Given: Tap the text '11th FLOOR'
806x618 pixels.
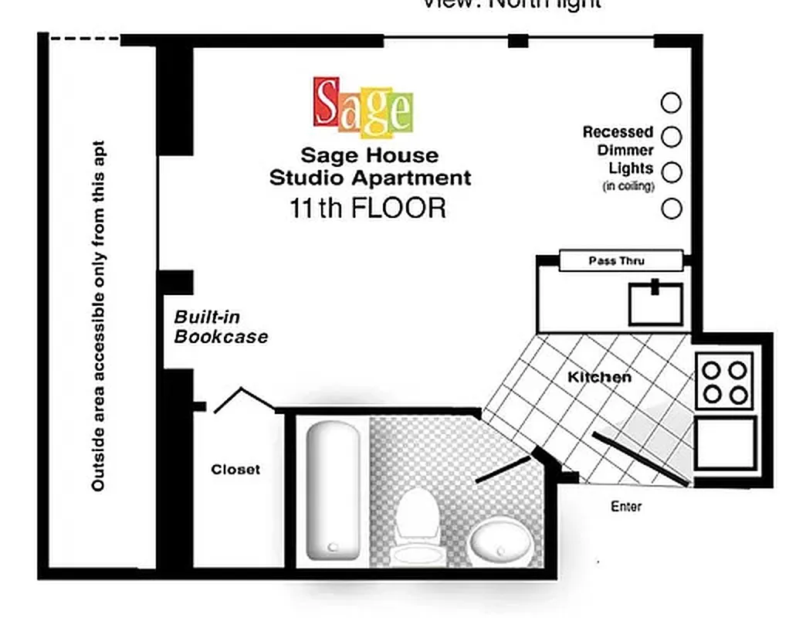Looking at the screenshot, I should click(x=367, y=209).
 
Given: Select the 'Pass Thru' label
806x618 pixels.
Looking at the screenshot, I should click(x=616, y=261).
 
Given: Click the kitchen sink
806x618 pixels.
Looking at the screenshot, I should click(x=655, y=304).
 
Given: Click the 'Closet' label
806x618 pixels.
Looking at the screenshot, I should click(x=235, y=469).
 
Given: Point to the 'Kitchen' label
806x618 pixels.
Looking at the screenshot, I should click(x=599, y=377).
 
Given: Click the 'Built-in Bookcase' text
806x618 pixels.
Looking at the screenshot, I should click(x=221, y=327).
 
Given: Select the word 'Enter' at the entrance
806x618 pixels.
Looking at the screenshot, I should click(x=626, y=507).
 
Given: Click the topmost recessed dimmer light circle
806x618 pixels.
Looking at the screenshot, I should click(x=672, y=103).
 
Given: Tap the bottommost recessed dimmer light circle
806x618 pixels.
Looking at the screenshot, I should click(x=672, y=209).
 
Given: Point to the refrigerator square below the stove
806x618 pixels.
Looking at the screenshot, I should click(x=725, y=443).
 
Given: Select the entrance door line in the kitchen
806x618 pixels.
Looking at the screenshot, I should click(x=640, y=460).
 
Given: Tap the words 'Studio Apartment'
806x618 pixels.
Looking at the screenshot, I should click(x=370, y=178).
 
